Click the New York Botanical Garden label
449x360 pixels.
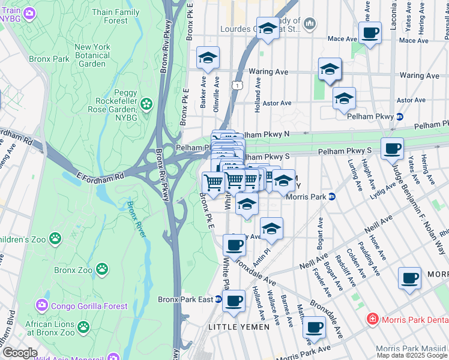[92, 55]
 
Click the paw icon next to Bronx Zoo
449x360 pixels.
[103, 270]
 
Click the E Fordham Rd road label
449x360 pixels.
[99, 176]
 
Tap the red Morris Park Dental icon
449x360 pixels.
[373, 318]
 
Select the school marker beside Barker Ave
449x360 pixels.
[208, 58]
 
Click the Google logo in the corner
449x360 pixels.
[19, 353]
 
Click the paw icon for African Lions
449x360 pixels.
[83, 328]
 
